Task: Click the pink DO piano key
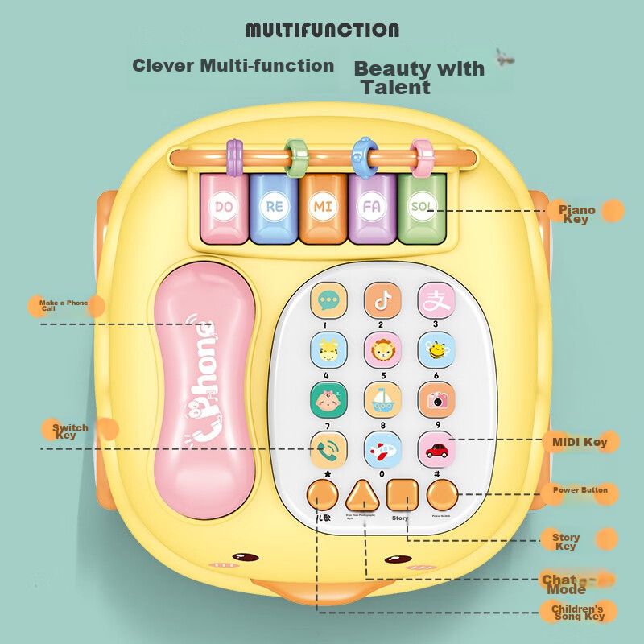(223, 208)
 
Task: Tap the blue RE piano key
(274, 208)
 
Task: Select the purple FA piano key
(371, 208)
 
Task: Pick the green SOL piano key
(419, 208)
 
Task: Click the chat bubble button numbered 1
(328, 300)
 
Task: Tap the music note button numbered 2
(382, 300)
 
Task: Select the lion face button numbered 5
(382, 350)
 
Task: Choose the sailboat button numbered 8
(382, 398)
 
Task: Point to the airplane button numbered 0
(382, 448)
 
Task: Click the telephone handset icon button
(328, 448)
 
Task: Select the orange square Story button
(402, 493)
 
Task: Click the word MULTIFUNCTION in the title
(322, 31)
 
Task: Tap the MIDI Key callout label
(580, 442)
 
